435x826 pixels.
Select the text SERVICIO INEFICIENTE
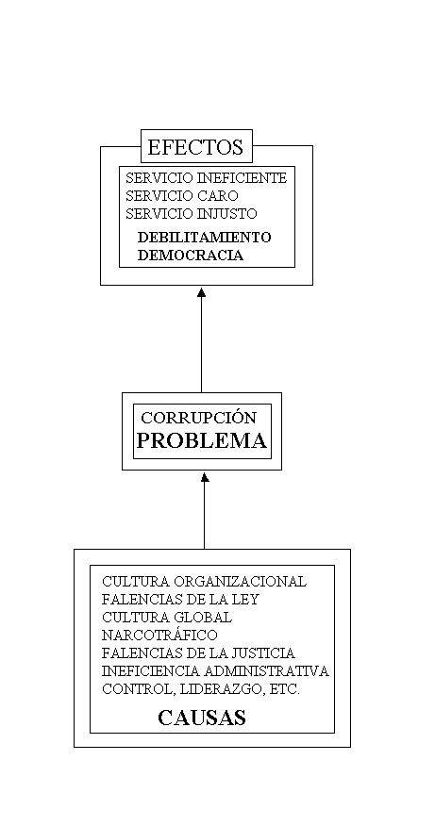[206, 178]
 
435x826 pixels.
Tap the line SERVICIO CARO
[182, 196]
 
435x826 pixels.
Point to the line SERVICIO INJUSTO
[192, 214]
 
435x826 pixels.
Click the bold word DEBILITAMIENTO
[204, 237]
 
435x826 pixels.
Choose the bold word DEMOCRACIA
[191, 256]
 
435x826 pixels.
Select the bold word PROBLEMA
[202, 440]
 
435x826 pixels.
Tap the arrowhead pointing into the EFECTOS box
[201, 292]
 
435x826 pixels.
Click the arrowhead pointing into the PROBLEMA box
[205, 477]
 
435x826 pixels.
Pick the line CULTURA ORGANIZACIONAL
[204, 582]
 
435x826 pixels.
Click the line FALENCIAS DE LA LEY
[180, 600]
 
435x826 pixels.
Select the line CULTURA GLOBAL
[167, 618]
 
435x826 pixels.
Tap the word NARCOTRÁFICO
[159, 636]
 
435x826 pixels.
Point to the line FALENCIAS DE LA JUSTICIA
[198, 653]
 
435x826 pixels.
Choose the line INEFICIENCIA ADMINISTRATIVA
[215, 671]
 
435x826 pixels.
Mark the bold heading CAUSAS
[202, 718]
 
